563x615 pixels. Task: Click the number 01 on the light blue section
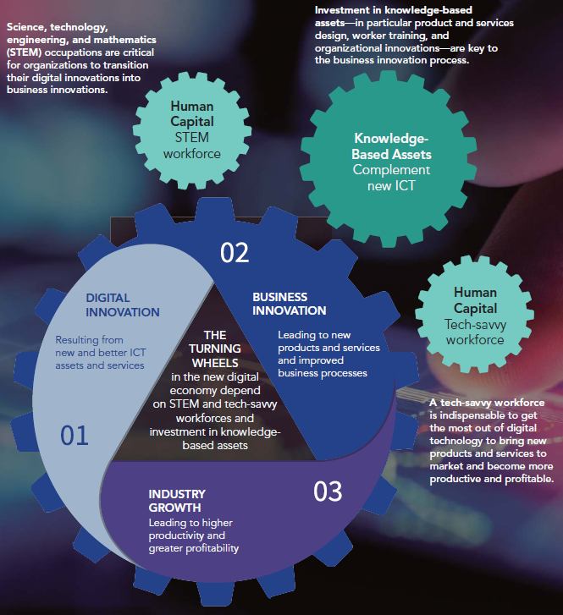click(x=75, y=436)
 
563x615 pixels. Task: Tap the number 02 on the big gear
click(x=235, y=253)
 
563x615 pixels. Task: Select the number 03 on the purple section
click(x=328, y=491)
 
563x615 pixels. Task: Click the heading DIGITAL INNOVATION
click(x=123, y=305)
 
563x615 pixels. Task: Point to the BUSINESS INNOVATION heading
click(x=289, y=304)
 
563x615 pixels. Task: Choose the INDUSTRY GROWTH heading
click(x=177, y=501)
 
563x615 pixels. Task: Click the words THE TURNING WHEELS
click(x=215, y=349)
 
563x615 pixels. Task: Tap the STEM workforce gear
click(x=192, y=130)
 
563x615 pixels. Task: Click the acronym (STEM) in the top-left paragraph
click(x=24, y=52)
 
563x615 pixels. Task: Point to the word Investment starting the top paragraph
click(x=342, y=10)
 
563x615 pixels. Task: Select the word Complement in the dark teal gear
click(x=391, y=170)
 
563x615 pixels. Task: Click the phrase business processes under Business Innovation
click(x=323, y=373)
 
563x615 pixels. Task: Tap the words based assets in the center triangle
click(x=215, y=446)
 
